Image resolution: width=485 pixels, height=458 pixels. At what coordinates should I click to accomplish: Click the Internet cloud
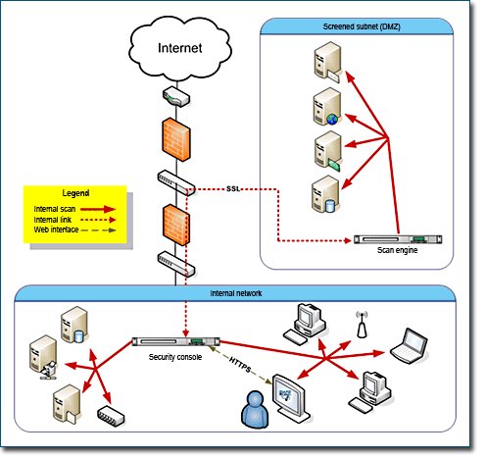(180, 48)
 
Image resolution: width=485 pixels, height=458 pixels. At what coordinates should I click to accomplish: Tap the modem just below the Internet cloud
(176, 96)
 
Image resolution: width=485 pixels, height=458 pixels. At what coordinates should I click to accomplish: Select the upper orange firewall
(176, 139)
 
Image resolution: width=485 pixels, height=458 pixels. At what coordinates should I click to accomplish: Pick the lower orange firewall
(176, 226)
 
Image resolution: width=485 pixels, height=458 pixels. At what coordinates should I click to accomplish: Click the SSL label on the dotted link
(233, 188)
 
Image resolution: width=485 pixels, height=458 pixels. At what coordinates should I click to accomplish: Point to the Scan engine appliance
(398, 239)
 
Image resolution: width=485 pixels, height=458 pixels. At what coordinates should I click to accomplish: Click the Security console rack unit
(175, 341)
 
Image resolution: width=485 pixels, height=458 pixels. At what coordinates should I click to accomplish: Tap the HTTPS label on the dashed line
(240, 365)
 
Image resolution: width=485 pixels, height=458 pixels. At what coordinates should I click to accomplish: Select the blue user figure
(255, 409)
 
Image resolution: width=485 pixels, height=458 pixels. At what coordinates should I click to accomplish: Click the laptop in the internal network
(410, 346)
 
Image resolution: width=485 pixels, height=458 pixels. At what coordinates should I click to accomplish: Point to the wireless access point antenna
(362, 325)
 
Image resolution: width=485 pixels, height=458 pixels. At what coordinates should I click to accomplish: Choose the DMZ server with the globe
(327, 107)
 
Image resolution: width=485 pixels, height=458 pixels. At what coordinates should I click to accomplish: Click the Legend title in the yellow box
(75, 193)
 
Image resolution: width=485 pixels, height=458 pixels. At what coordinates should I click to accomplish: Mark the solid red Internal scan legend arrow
(98, 209)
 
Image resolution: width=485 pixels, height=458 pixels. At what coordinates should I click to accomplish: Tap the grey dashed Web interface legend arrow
(98, 230)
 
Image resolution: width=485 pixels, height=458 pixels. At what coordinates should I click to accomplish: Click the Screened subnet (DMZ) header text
(362, 26)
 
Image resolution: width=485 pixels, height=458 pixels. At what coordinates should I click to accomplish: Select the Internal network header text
(236, 293)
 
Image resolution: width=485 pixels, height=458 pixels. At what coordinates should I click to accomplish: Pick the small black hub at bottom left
(111, 417)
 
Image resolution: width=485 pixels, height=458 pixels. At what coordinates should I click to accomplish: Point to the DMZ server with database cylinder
(325, 194)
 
